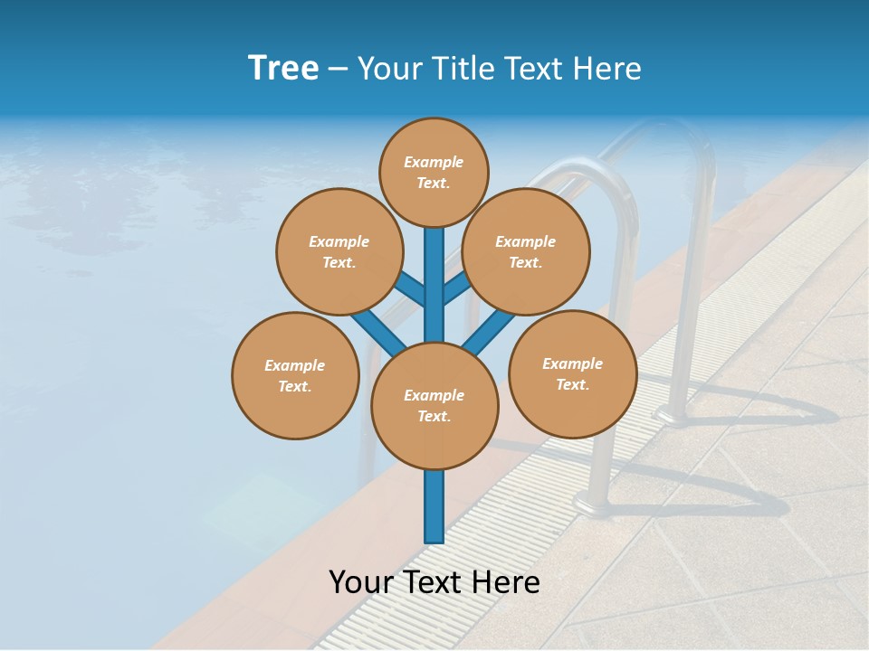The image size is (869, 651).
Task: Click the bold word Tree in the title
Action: tap(283, 68)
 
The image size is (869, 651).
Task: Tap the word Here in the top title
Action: tap(607, 69)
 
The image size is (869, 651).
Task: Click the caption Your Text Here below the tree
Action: tap(434, 582)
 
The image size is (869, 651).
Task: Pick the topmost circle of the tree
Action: tap(434, 172)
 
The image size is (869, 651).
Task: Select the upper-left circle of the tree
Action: tap(339, 251)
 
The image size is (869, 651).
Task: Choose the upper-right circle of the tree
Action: tap(526, 251)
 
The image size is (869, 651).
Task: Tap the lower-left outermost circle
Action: tap(295, 375)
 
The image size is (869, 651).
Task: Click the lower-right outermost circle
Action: tap(572, 373)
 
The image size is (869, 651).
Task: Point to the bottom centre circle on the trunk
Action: tap(434, 406)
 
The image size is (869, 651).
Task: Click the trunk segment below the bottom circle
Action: tap(434, 506)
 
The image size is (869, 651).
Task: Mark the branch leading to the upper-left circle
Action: tap(410, 291)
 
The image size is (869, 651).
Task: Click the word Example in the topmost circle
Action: tap(434, 163)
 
